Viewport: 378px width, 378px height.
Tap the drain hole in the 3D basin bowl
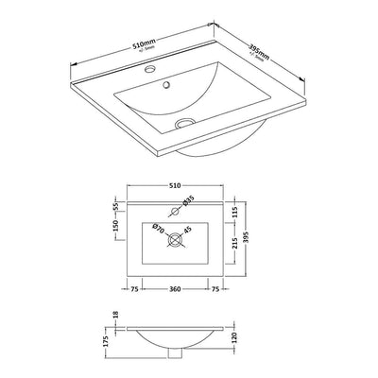coord(185,120)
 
